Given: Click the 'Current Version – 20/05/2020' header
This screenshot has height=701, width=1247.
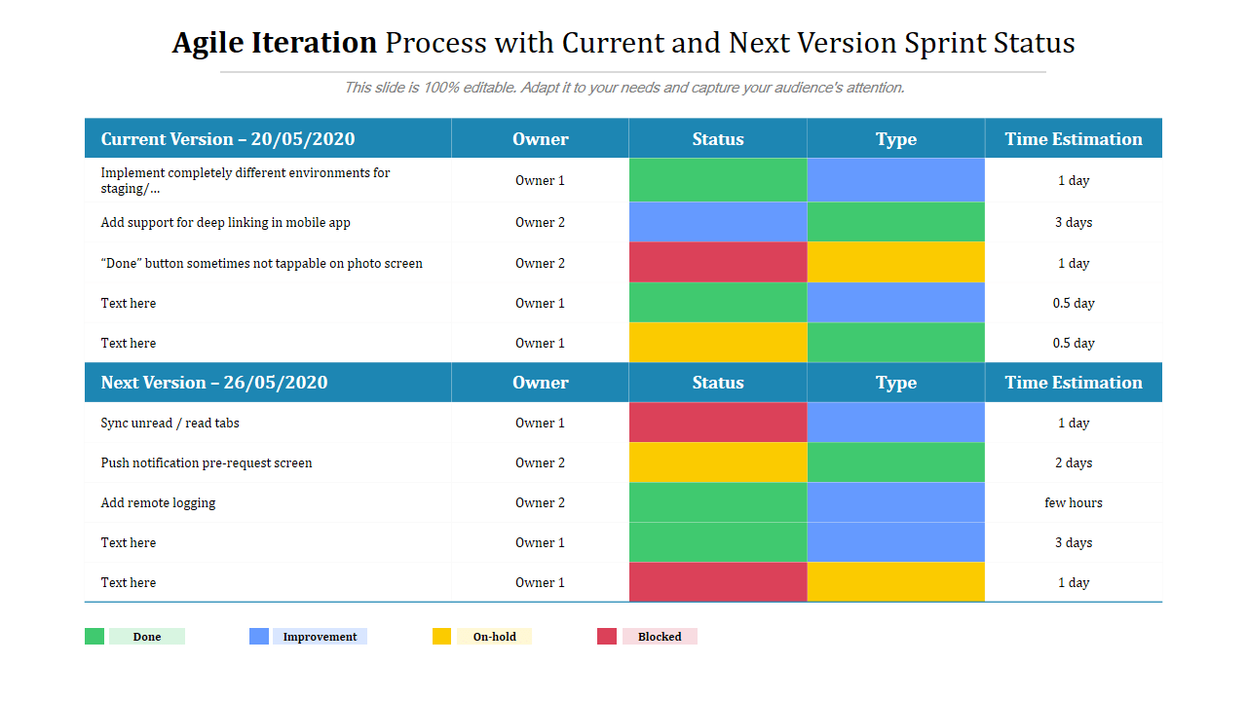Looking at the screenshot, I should coord(228,139).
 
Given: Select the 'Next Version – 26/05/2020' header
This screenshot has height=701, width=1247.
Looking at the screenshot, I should coord(214,383).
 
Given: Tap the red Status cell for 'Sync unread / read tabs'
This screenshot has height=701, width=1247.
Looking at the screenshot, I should coord(718,423).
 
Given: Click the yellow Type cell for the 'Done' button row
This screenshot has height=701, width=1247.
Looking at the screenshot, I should coord(895,263).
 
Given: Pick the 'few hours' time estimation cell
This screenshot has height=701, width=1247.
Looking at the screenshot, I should coord(1073,503).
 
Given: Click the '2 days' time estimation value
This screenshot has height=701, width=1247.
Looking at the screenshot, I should coord(1073,463).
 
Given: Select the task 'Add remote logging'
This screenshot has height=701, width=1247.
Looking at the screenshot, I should coord(158,503).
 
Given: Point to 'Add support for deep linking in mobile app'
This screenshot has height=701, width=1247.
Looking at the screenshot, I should coord(225,223).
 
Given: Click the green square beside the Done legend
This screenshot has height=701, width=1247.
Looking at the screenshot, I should coord(94,637).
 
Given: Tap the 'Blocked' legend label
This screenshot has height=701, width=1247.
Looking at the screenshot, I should coord(660,637).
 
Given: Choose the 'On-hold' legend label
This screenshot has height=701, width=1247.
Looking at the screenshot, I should coord(494,637).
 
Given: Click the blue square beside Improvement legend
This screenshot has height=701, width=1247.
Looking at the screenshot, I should coord(259,637).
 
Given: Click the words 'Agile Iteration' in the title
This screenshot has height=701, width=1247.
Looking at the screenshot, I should coord(274,43).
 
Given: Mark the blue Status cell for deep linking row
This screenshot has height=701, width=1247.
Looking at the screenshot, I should coord(718,223).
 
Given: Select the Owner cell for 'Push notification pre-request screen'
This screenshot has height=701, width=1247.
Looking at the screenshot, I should coord(540,463).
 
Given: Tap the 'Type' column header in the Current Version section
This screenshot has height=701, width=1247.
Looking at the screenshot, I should coord(895,139).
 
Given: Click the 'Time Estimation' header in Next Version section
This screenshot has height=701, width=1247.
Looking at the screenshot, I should coord(1073,383).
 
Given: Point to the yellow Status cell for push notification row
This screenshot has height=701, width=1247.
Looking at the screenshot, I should coord(718,463).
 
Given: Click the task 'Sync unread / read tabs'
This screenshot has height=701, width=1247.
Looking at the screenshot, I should coord(170,424).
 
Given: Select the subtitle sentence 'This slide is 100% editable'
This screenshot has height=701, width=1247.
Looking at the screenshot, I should coord(623,88).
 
